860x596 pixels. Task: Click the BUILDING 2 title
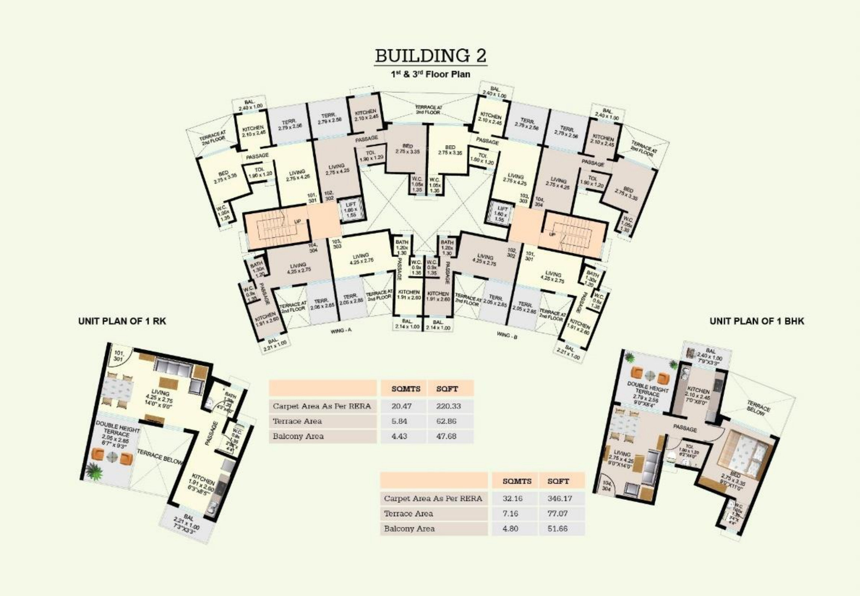(x=431, y=56)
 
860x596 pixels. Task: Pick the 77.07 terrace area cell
(x=557, y=514)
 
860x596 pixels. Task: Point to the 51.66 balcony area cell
(x=557, y=528)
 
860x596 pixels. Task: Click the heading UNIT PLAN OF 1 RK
(x=122, y=321)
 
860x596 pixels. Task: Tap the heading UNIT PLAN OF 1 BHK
(x=756, y=321)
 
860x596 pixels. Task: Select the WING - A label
(x=341, y=331)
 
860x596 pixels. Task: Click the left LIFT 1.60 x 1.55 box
(x=350, y=210)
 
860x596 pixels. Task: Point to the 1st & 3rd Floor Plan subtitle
(x=430, y=74)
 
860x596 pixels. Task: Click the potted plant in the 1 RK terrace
(x=93, y=471)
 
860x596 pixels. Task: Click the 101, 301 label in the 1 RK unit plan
(x=119, y=356)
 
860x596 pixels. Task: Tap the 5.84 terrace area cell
(x=399, y=421)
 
